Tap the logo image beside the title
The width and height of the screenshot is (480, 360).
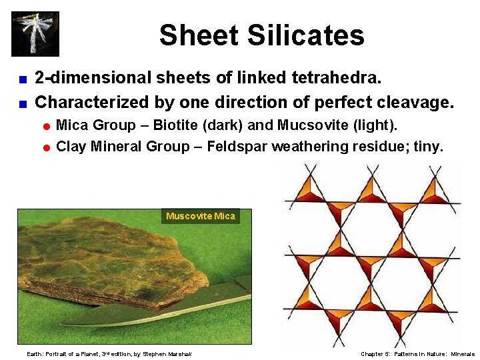(x=35, y=34)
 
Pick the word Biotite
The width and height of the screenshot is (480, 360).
(x=179, y=125)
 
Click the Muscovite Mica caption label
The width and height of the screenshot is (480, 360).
(x=200, y=216)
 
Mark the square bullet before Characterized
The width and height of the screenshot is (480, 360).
(x=22, y=103)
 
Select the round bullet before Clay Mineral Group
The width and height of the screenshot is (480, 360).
(x=47, y=147)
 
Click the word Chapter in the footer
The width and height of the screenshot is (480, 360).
(x=372, y=354)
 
